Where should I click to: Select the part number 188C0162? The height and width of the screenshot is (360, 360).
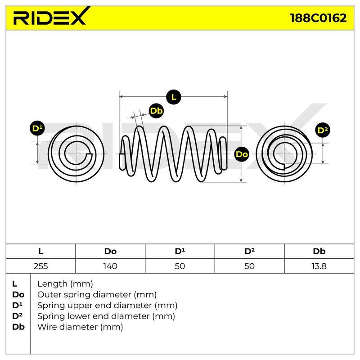(319, 18)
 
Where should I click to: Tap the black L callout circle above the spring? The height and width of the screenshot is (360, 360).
(174, 97)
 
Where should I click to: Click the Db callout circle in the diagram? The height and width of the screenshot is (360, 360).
(156, 111)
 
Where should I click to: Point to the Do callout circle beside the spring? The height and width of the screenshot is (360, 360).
(242, 154)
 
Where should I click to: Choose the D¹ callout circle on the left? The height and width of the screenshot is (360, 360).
(37, 128)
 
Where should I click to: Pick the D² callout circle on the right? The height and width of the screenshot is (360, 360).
(323, 130)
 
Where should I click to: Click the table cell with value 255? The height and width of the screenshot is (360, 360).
(41, 266)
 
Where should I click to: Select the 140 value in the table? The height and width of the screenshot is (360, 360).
(110, 266)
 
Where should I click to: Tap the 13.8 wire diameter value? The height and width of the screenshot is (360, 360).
(319, 266)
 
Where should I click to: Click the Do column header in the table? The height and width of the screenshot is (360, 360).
(110, 251)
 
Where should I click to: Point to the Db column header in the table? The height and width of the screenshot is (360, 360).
(319, 251)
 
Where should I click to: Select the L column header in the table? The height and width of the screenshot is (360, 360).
(41, 251)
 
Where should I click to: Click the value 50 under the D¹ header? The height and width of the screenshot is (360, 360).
(180, 266)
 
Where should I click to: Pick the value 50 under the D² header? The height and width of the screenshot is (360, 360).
(249, 266)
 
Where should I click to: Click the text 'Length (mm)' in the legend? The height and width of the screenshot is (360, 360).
(65, 284)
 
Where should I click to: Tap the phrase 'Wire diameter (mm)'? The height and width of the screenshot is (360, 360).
(80, 327)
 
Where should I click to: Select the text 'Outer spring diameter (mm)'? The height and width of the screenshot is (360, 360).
(97, 295)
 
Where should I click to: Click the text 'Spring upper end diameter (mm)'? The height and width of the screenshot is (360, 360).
(107, 306)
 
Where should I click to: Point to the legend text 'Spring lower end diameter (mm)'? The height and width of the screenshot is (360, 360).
(106, 316)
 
